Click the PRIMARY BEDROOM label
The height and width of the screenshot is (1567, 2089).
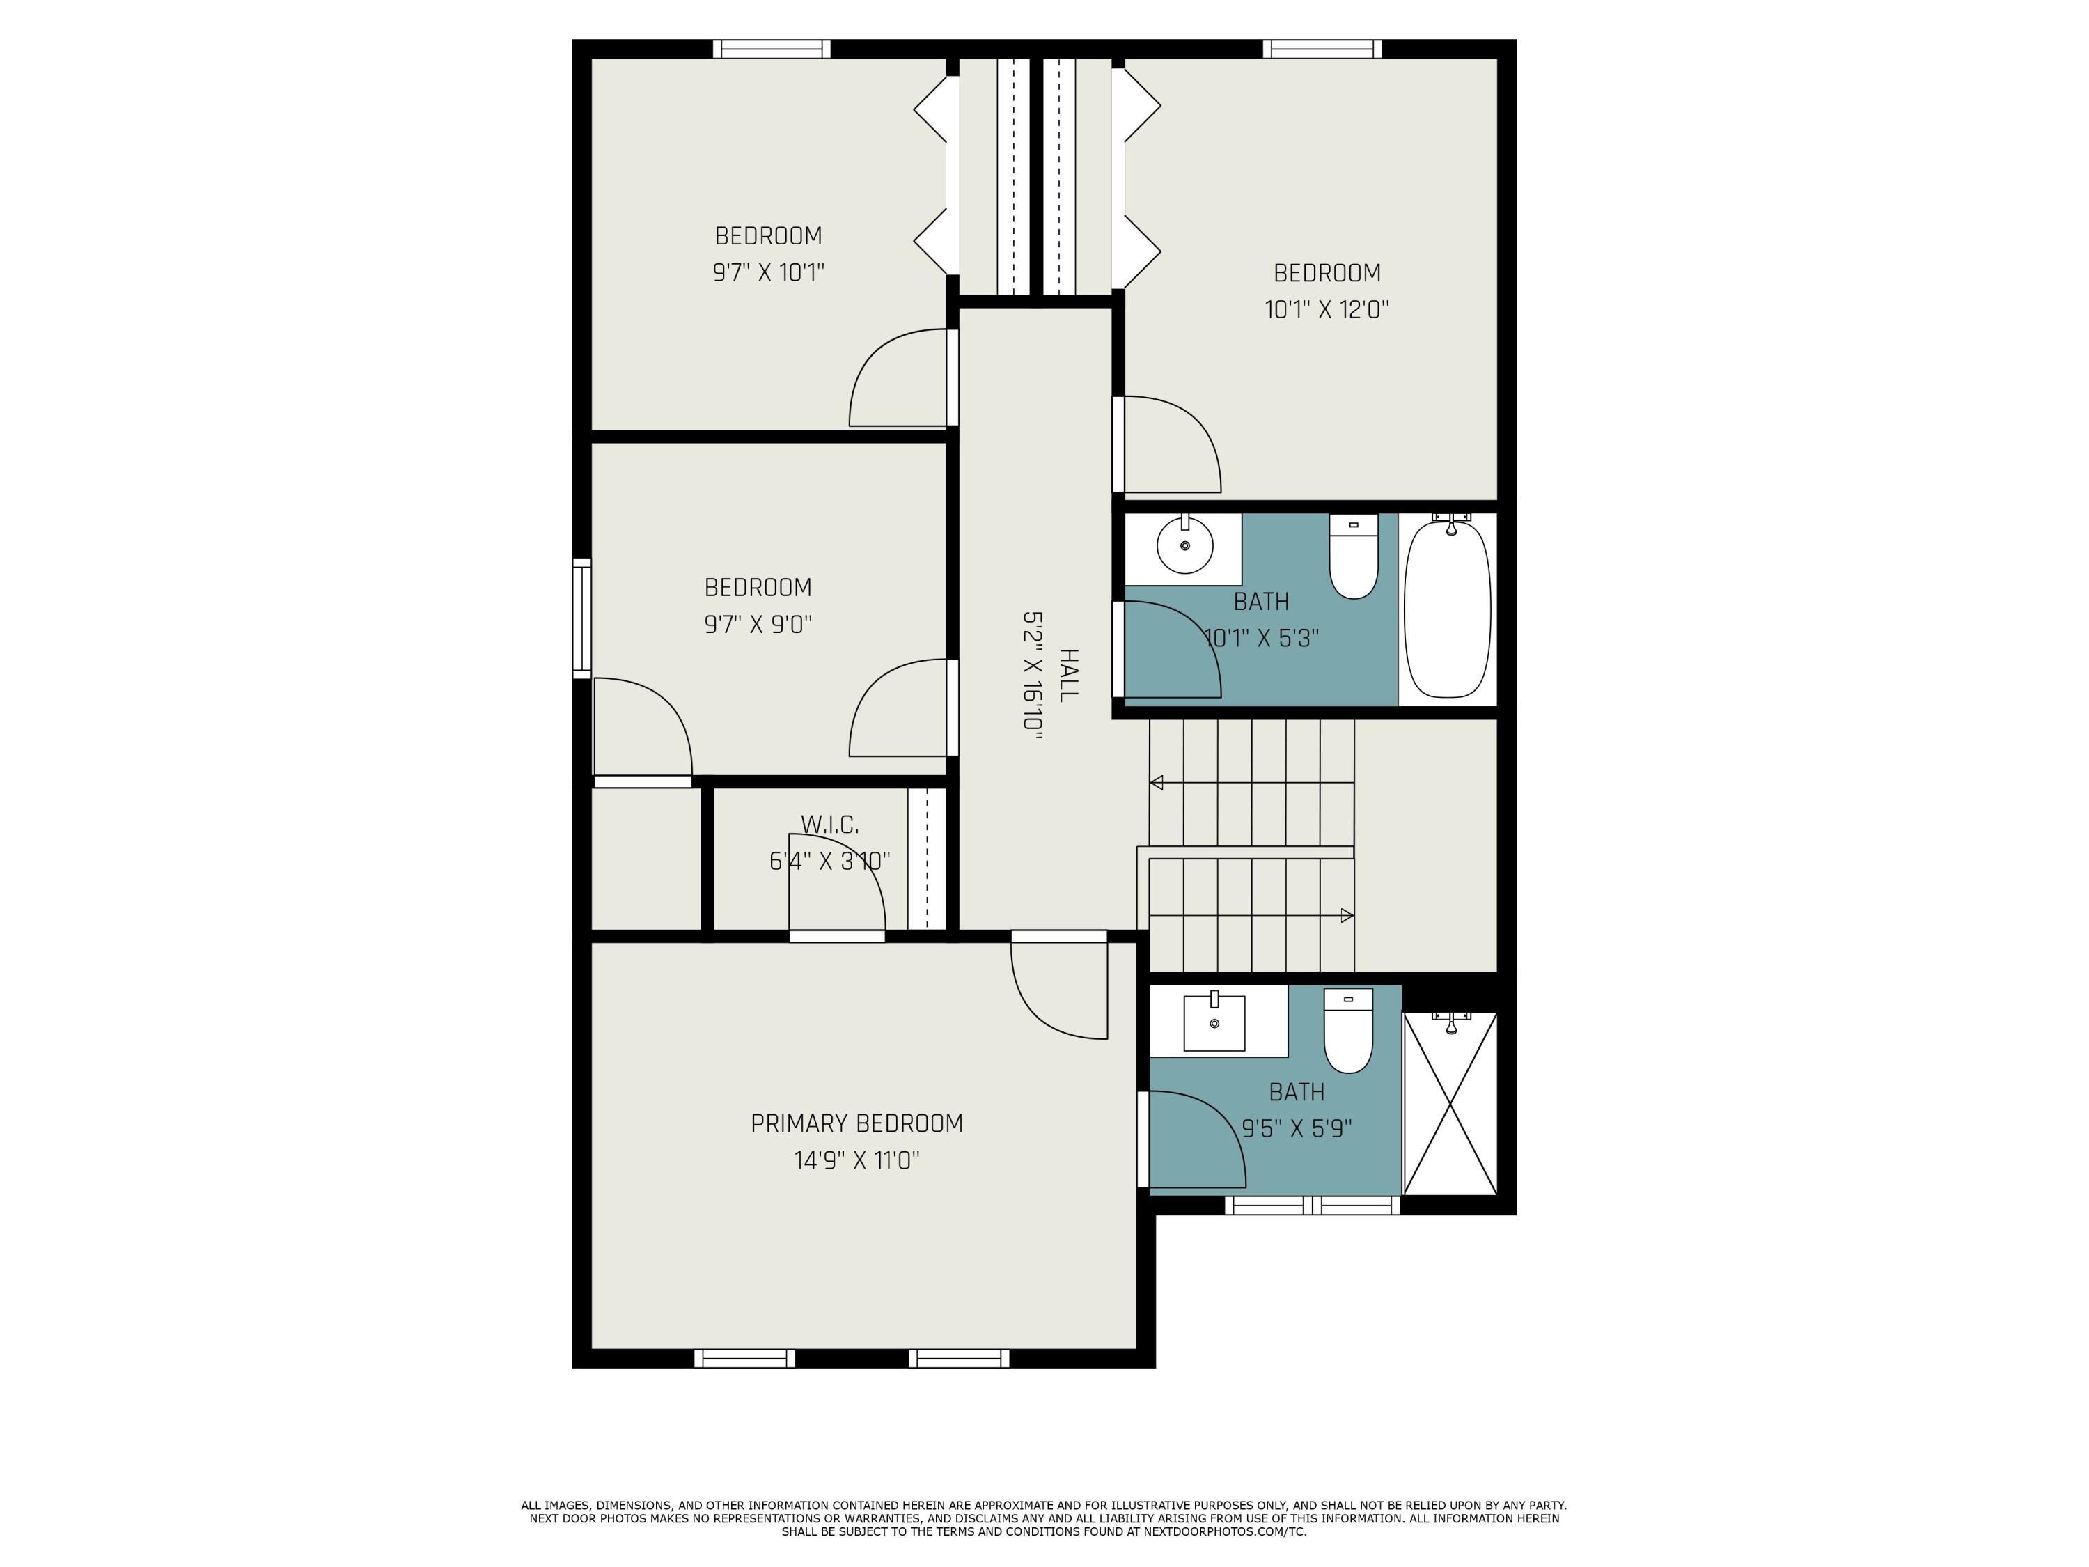(x=856, y=1123)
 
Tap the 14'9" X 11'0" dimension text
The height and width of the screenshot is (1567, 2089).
(x=856, y=1160)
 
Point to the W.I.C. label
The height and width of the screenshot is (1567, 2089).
(x=829, y=825)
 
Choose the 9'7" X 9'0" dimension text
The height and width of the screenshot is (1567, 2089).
(x=758, y=624)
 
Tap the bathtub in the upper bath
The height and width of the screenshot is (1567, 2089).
(x=1447, y=610)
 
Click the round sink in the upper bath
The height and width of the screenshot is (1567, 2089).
(x=1184, y=546)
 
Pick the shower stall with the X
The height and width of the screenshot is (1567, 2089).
(x=1450, y=1103)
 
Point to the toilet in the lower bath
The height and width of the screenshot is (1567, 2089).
(x=1347, y=1031)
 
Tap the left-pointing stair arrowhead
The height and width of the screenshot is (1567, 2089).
(x=1156, y=782)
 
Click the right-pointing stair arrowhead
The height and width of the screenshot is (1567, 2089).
(x=1347, y=915)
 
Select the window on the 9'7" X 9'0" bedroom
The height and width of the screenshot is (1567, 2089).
(x=581, y=618)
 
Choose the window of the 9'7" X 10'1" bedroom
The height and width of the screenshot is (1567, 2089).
(x=771, y=49)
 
